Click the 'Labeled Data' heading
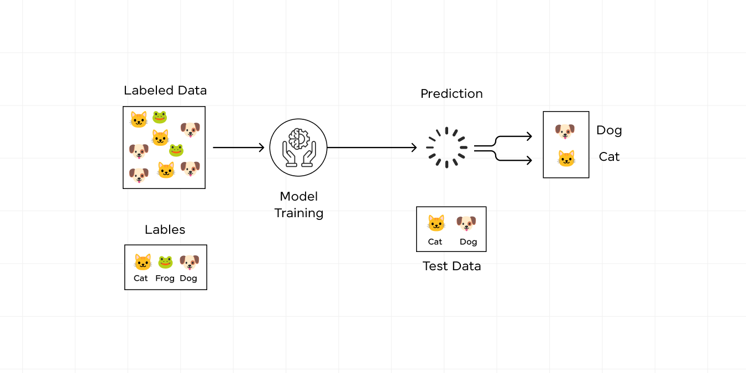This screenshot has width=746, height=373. pos(165,91)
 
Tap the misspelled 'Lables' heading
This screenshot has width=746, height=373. pos(165,230)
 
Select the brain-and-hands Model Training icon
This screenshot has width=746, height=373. pos(298,148)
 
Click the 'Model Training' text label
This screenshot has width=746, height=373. pos(298,204)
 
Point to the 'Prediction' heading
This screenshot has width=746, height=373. pos(451,94)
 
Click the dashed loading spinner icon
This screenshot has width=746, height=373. pos(446,148)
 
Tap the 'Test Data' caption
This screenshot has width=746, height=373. pos(451,266)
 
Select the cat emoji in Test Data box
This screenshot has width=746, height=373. pos(436,223)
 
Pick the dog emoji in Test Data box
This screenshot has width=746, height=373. pos(466,223)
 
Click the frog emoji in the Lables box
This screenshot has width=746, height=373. pos(165,262)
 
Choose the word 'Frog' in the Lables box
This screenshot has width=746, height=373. pos(165,279)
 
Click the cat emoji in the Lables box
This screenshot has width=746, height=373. pos(143,262)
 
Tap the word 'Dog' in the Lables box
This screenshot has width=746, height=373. pos(188,279)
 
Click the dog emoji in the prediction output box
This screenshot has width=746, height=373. pos(565,132)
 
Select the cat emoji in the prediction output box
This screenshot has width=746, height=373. pos(566,159)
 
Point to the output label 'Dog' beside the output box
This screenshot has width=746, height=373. pos(609,130)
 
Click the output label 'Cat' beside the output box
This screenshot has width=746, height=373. pos(609,157)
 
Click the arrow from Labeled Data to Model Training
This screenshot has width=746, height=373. pos(239,148)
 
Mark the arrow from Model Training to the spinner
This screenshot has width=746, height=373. pos(372,148)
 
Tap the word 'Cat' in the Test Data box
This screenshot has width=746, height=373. pos(435,242)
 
